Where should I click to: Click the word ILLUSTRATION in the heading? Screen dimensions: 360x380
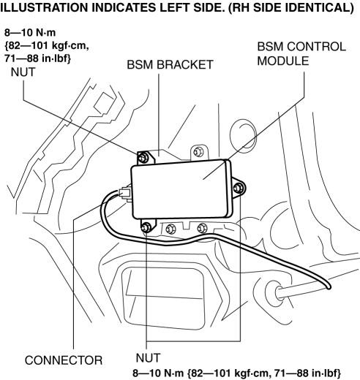(44, 8)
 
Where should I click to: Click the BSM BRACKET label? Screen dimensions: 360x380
(170, 65)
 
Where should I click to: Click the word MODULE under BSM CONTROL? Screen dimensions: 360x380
(283, 61)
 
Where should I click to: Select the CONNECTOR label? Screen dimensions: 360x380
(64, 360)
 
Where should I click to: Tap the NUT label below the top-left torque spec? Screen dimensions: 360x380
(23, 72)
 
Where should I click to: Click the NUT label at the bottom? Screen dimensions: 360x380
(148, 358)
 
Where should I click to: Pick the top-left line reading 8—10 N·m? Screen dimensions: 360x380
(30, 32)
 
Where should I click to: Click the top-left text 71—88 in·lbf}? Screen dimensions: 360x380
(37, 58)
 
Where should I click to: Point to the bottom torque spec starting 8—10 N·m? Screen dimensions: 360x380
(236, 373)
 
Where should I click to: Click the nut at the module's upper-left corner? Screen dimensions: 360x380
(143, 158)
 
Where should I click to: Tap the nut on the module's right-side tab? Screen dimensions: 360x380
(238, 188)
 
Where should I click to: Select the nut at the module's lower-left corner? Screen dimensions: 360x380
(146, 227)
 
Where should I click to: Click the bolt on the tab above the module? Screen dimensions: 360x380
(198, 152)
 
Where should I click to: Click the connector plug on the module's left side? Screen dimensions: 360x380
(124, 192)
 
